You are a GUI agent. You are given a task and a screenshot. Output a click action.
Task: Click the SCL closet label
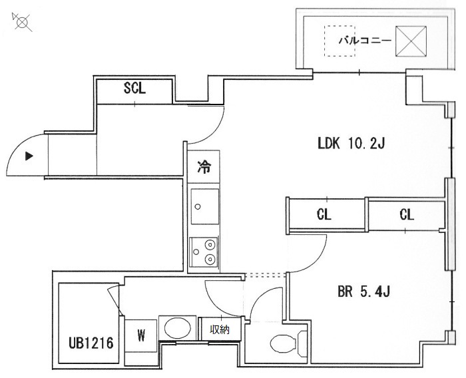[x=134, y=88]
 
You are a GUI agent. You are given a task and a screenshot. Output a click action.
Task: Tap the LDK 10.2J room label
[x=351, y=144]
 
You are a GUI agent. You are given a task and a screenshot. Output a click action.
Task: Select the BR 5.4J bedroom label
[x=363, y=291]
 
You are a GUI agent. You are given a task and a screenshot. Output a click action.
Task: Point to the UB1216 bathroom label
[x=91, y=343]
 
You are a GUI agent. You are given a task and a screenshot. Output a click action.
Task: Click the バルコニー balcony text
[x=365, y=40]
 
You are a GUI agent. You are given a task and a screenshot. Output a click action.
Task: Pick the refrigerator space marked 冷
[x=204, y=166]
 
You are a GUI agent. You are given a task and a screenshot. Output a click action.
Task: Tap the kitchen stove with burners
[x=204, y=252]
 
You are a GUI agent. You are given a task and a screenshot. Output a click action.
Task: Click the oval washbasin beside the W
[x=178, y=328]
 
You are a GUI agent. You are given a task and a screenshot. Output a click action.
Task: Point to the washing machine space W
[x=141, y=336]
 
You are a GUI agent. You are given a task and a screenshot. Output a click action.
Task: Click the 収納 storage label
[x=220, y=329]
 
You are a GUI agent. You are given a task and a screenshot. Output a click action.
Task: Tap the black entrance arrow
[x=29, y=156]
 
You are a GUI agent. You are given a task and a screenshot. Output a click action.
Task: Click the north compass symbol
[x=22, y=22]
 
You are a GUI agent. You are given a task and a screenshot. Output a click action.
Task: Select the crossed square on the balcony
[x=411, y=41]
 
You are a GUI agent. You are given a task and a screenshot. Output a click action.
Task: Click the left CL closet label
[x=324, y=214]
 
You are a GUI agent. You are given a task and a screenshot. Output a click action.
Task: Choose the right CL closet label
[x=407, y=214]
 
